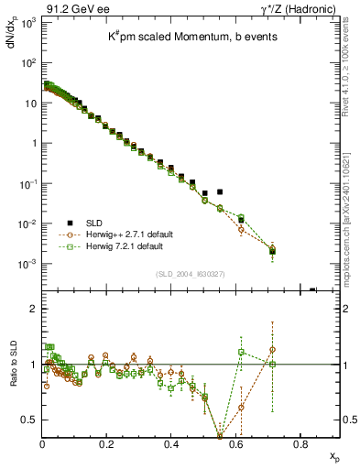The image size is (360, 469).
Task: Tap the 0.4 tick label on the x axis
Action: (x=171, y=444)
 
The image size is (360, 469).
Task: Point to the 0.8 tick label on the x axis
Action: (x=300, y=444)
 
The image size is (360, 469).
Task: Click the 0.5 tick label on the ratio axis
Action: (x=30, y=420)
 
